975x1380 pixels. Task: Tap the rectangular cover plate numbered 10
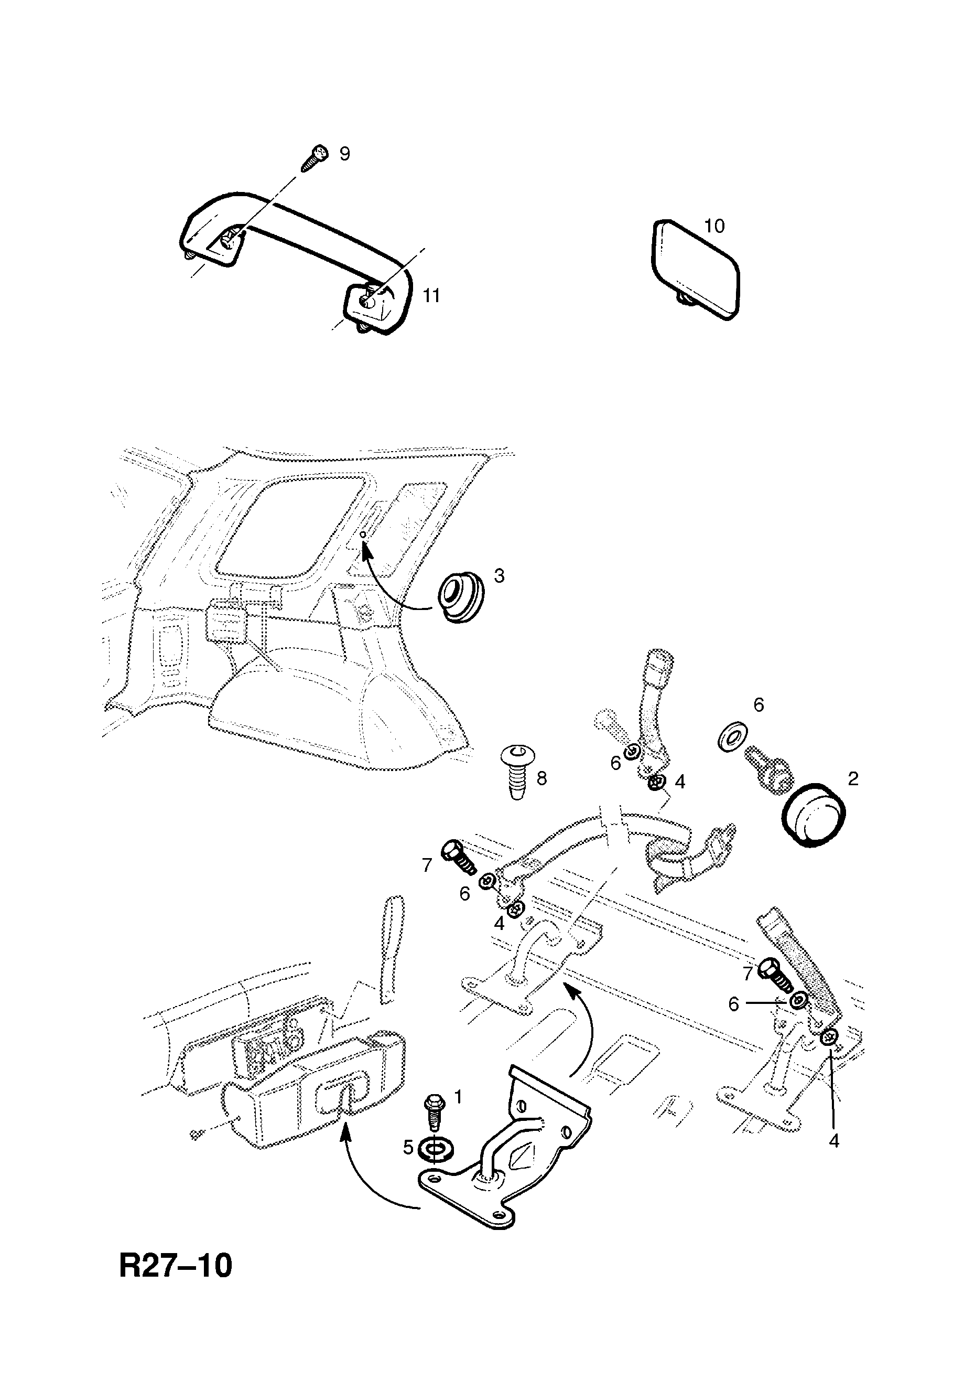coord(695,268)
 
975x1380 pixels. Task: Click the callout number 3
coord(499,576)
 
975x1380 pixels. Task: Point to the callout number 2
coord(853,779)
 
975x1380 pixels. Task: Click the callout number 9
coord(344,154)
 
